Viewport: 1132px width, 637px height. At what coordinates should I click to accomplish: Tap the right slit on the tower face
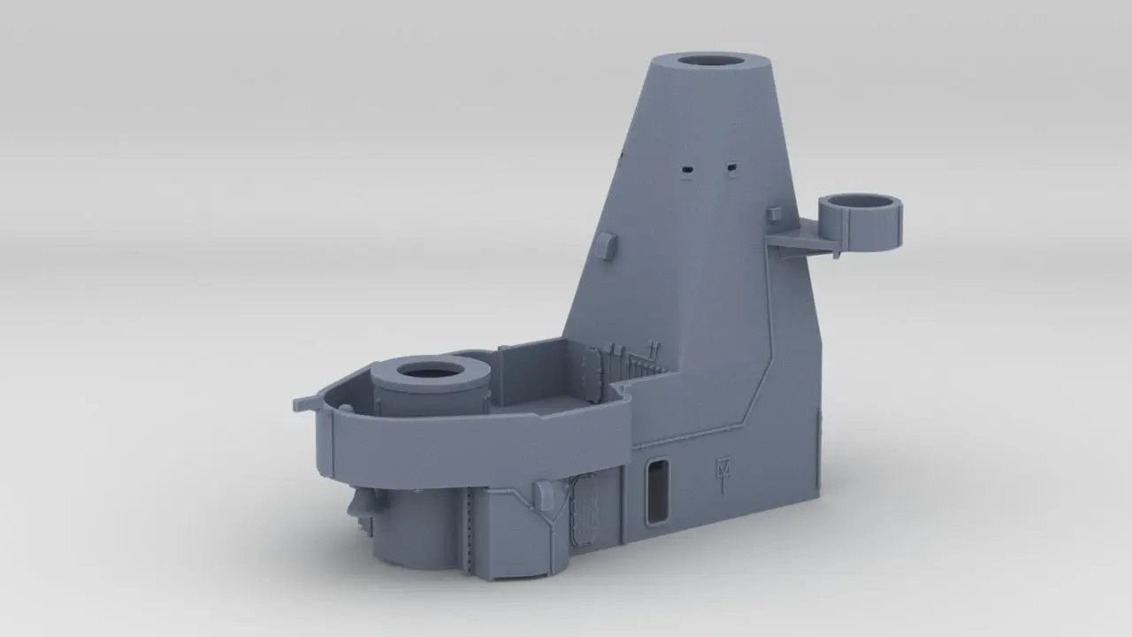(731, 165)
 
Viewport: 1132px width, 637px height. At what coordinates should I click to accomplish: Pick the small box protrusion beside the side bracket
(775, 215)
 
